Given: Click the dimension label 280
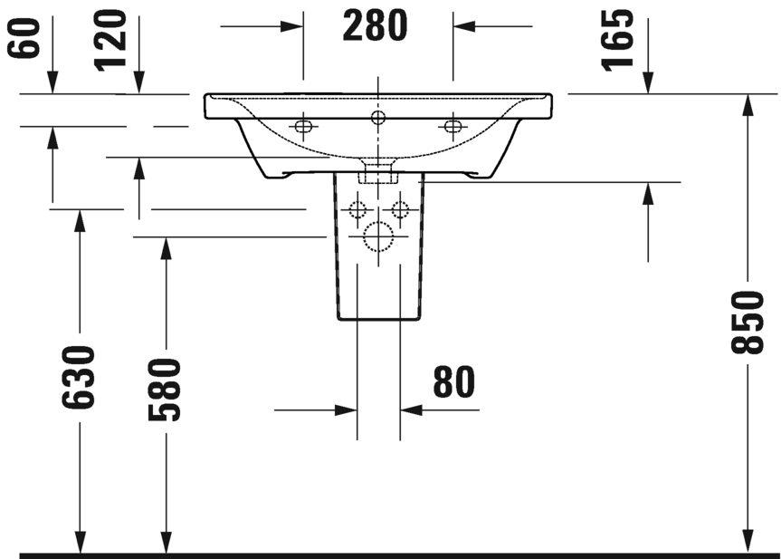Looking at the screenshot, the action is [x=375, y=26].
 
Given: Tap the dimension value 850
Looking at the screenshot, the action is [x=748, y=323].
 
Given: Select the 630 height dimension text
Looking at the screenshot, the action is [x=78, y=377].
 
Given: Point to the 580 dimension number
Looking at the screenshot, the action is [x=164, y=389].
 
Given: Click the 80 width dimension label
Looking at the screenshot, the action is [x=453, y=382].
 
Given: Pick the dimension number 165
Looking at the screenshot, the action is [x=617, y=39].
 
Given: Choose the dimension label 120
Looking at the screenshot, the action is [x=110, y=40].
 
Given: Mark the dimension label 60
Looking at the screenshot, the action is [x=23, y=37].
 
